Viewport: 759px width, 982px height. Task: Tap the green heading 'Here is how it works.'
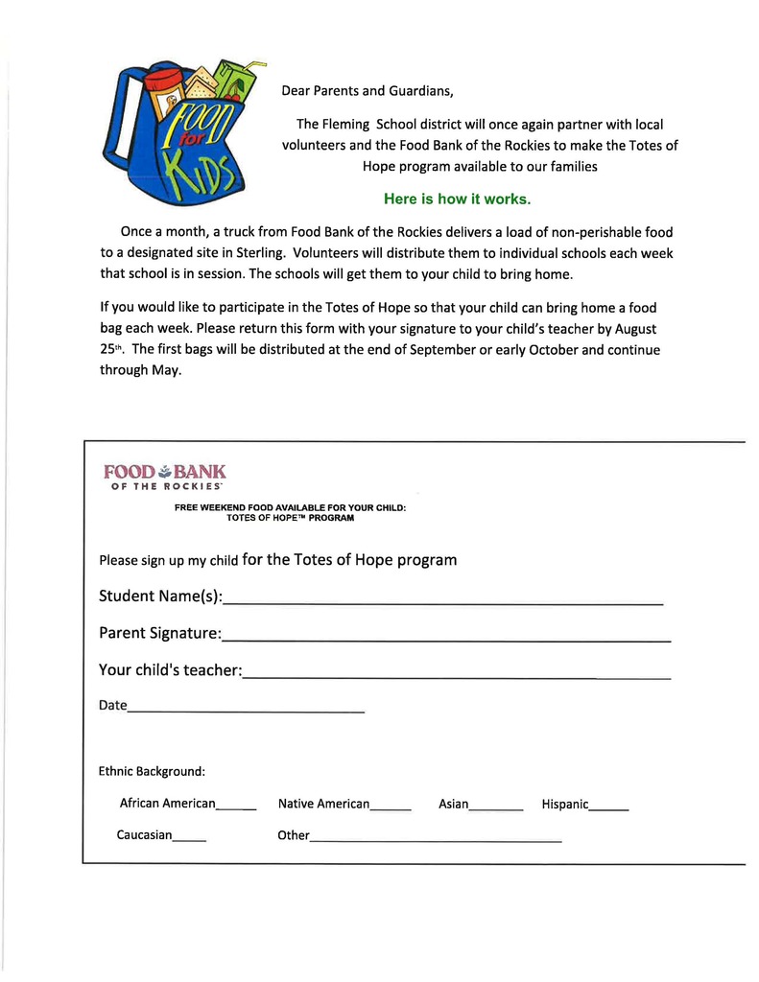point(457,199)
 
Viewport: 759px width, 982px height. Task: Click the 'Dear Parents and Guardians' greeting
point(367,92)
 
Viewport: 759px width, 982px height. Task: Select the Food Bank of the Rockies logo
point(164,477)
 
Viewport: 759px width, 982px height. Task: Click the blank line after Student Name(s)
point(442,602)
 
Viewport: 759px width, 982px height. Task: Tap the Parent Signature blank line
point(446,638)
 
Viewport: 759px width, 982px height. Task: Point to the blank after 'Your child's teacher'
point(457,675)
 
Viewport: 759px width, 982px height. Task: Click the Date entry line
point(246,710)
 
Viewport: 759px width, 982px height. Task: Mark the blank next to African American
point(236,807)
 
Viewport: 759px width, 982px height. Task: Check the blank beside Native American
point(391,807)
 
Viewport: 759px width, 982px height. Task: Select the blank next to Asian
point(496,807)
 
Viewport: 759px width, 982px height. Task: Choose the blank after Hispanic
point(609,807)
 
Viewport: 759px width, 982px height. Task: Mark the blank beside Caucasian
point(189,838)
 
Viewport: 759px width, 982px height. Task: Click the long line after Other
point(436,839)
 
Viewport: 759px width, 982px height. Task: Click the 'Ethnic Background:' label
point(152,771)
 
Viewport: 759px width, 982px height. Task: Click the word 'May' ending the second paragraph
point(165,370)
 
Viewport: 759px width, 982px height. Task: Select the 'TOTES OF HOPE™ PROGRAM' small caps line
point(290,518)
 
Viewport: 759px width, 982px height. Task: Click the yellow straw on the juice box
point(253,67)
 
